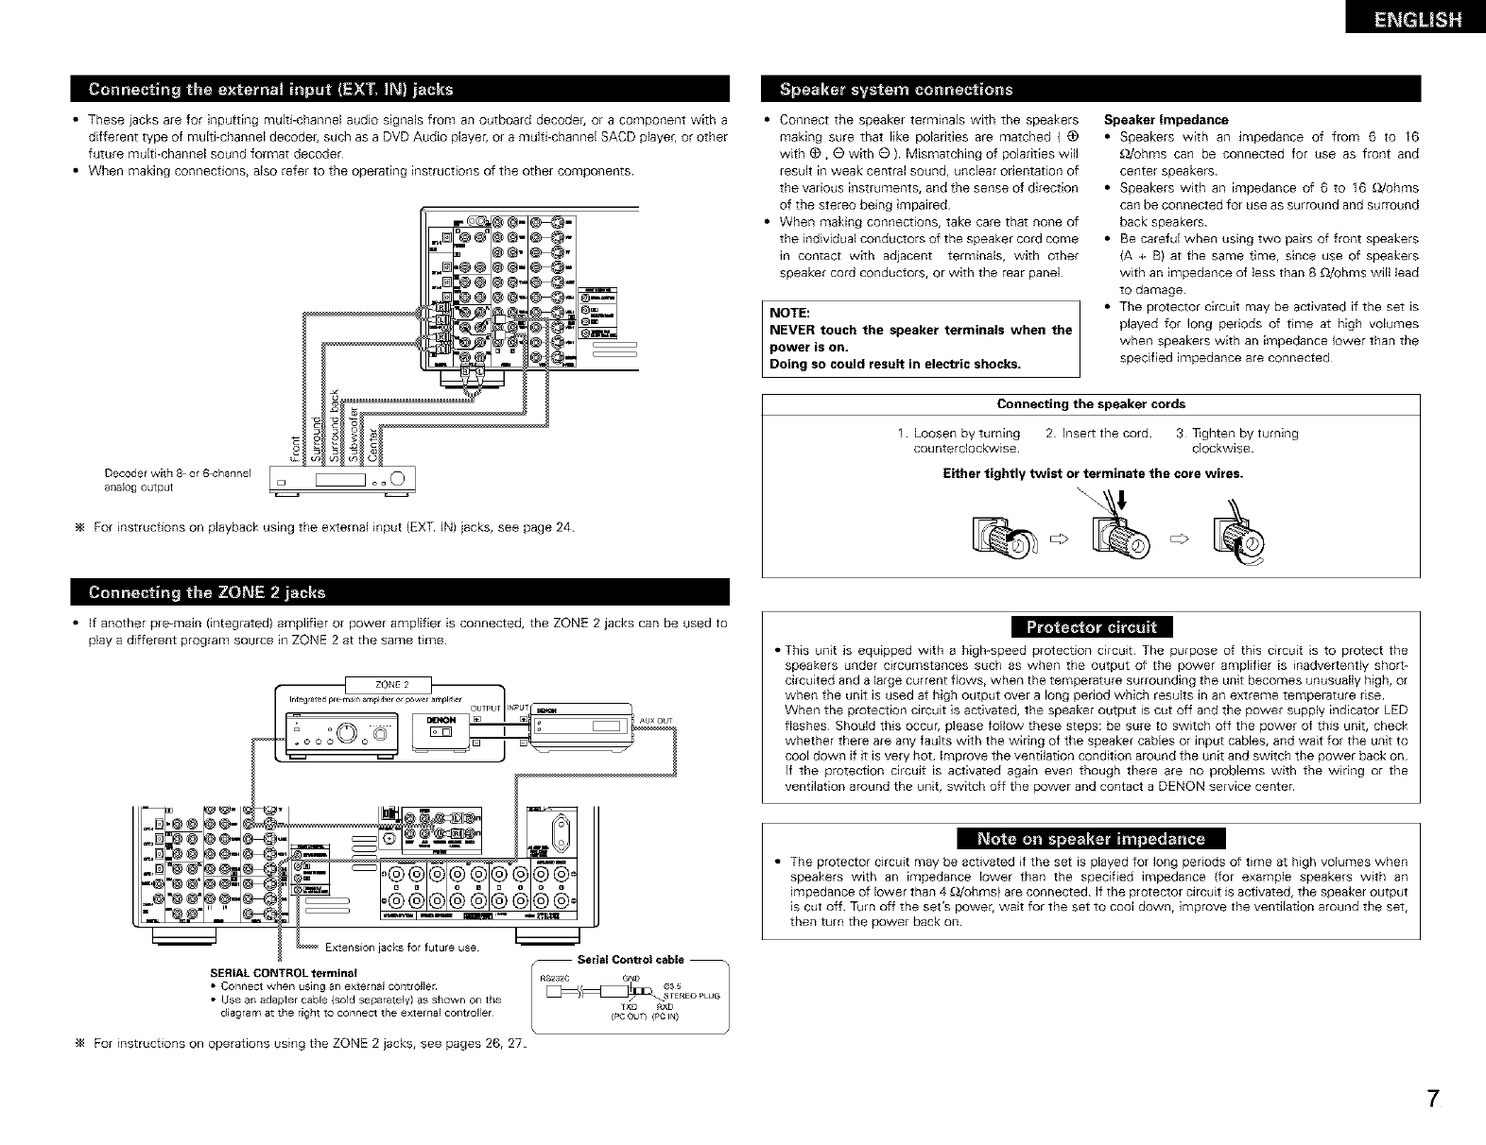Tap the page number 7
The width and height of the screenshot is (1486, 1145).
1434,1101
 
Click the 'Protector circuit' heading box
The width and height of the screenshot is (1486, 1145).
1091,628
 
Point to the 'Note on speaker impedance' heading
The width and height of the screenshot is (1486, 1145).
1091,839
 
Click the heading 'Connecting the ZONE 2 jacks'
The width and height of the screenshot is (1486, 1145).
207,592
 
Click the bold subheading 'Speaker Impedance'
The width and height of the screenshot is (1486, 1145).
1166,120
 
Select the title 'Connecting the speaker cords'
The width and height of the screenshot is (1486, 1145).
1091,404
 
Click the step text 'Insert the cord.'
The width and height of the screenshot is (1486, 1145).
1098,434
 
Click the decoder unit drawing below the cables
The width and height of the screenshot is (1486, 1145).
338,482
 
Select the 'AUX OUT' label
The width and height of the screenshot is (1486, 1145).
655,721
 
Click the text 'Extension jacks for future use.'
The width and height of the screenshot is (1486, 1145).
402,948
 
